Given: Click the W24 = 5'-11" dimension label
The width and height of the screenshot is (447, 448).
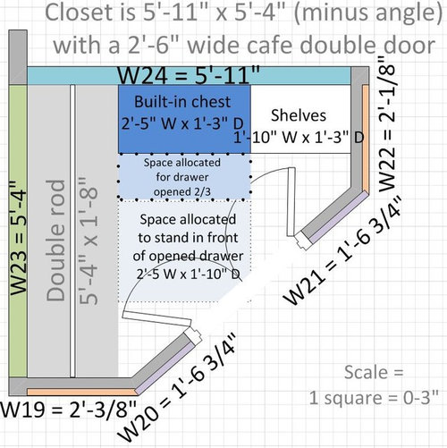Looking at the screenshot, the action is click(x=189, y=74).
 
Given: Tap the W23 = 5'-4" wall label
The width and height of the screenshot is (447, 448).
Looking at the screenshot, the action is click(x=19, y=238).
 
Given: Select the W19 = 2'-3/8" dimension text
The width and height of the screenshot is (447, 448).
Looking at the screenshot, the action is click(x=69, y=410).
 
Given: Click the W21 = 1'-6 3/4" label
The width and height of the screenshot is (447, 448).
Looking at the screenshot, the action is click(x=342, y=250).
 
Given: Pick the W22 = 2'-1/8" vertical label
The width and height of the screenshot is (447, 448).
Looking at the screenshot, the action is click(x=387, y=123).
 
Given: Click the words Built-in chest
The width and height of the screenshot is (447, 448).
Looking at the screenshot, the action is click(x=182, y=102).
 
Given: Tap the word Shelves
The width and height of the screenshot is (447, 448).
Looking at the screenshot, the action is click(x=299, y=115).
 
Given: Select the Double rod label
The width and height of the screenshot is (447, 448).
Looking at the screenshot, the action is click(x=55, y=241).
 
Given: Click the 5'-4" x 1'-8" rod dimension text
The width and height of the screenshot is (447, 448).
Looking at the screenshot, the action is click(x=89, y=241).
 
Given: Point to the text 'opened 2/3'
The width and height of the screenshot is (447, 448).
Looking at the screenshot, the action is click(x=182, y=191).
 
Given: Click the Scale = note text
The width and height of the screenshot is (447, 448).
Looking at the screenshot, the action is click(x=374, y=372).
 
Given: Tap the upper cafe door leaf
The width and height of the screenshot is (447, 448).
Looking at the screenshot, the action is click(x=291, y=202).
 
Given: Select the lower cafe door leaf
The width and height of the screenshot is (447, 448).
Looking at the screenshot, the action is click(x=156, y=319).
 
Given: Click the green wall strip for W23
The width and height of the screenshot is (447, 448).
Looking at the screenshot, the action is click(x=18, y=231).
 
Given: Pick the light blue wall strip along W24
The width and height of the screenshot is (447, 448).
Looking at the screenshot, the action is click(x=189, y=76).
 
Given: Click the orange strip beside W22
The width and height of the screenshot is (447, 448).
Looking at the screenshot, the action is click(x=366, y=139).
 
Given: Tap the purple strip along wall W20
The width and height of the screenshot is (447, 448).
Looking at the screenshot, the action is click(x=166, y=368).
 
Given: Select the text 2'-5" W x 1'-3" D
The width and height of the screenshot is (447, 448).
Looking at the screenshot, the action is click(x=182, y=123).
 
